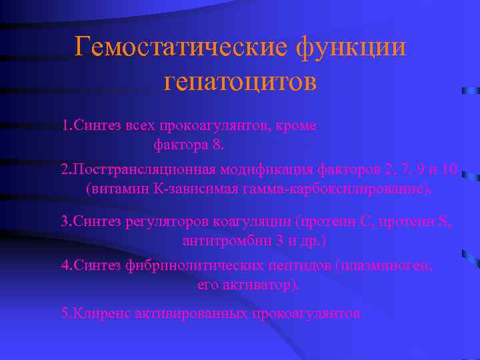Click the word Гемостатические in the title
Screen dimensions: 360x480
click(x=179, y=47)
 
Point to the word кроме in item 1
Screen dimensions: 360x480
click(x=296, y=125)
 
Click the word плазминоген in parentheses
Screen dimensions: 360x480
click(x=387, y=265)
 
